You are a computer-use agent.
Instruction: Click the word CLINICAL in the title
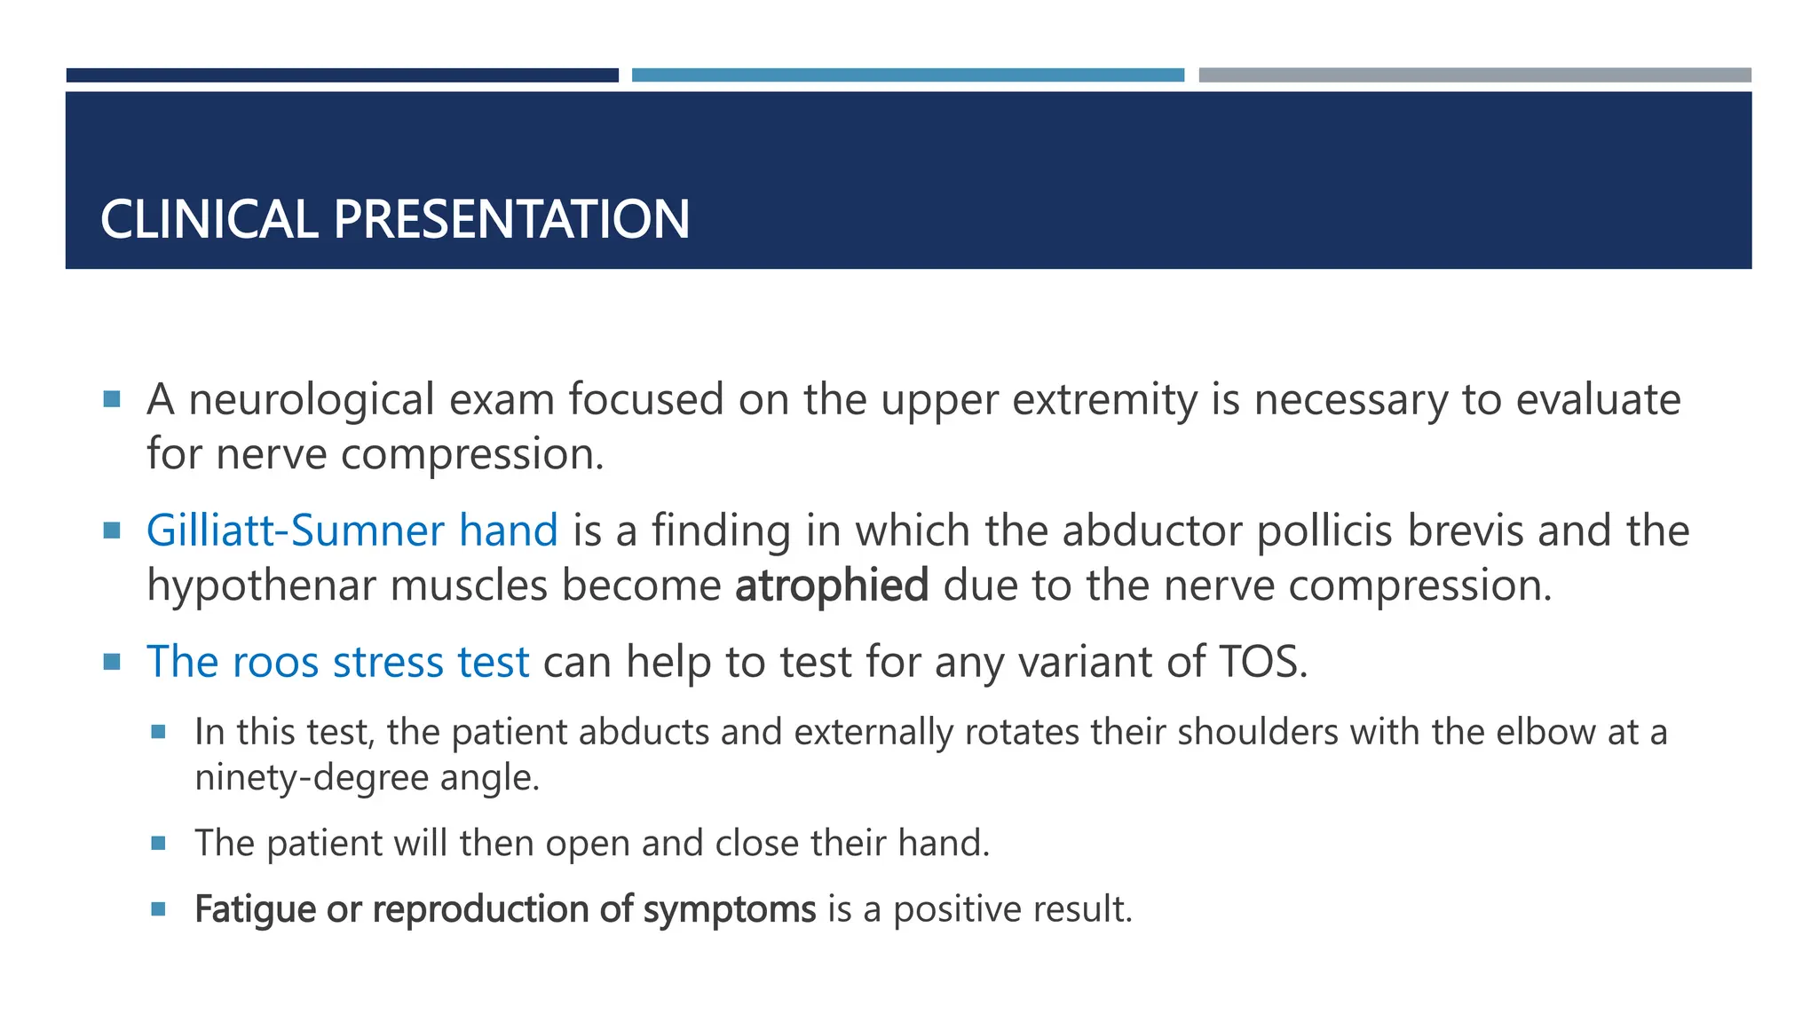[x=209, y=219]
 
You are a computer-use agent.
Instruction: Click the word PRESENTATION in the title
[x=511, y=219]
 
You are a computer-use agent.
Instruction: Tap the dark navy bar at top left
[x=342, y=75]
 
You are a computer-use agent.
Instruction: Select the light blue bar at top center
[x=907, y=75]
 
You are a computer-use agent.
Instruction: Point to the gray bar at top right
[x=1474, y=75]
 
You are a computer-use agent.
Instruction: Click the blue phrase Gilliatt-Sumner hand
[x=352, y=531]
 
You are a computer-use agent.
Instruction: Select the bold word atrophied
[x=832, y=586]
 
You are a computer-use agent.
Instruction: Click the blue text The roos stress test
[x=337, y=662]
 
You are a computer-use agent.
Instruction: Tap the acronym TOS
[x=1258, y=662]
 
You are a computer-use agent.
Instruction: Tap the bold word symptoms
[x=729, y=910]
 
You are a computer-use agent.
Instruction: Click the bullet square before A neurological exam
[x=112, y=399]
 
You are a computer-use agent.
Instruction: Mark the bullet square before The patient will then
[x=159, y=843]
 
